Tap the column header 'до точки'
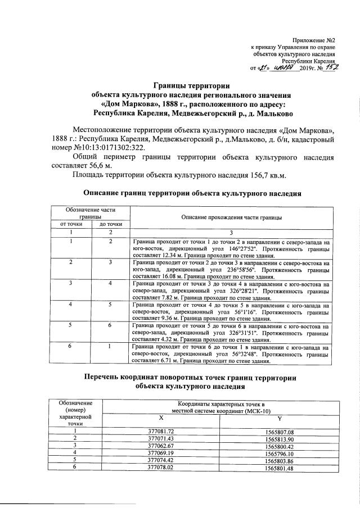pyautogui.click(x=111, y=224)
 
